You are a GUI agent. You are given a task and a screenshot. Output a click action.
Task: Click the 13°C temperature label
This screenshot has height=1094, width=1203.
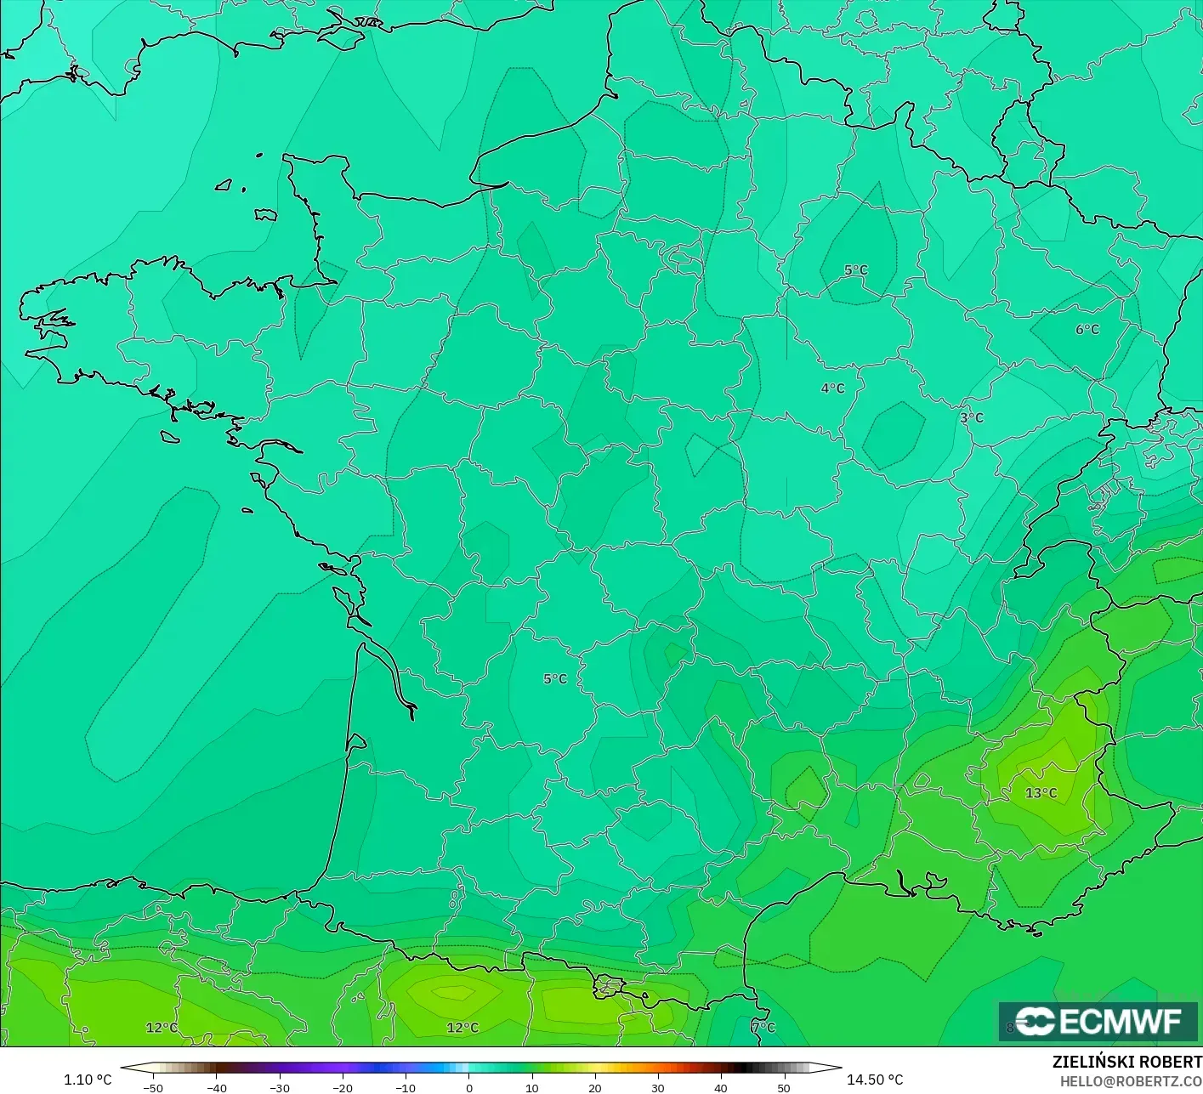click(1041, 793)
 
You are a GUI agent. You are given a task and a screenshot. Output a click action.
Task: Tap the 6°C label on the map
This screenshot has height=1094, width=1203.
click(1087, 330)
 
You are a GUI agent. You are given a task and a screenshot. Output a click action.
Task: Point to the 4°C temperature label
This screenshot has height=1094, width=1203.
click(832, 388)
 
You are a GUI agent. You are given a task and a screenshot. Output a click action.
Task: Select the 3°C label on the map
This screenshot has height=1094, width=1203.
click(971, 418)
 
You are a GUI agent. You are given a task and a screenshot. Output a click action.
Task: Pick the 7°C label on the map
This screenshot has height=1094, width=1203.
click(763, 1028)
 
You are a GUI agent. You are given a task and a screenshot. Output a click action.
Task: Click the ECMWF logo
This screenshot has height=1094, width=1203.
click(1098, 1021)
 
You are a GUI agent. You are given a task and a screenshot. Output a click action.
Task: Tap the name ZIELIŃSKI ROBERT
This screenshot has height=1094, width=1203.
click(1126, 1062)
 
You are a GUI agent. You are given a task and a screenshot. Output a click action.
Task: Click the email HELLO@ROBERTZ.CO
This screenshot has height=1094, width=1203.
click(1131, 1081)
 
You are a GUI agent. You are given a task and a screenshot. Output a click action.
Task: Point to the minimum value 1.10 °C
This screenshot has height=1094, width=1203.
click(88, 1080)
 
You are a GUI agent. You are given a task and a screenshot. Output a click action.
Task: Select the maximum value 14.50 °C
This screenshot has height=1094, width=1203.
click(875, 1080)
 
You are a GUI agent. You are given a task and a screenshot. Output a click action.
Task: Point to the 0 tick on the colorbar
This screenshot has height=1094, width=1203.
click(468, 1087)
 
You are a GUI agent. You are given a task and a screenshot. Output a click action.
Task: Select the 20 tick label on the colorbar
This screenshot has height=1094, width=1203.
click(594, 1087)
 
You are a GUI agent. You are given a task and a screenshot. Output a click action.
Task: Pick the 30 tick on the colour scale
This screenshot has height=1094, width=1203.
click(657, 1087)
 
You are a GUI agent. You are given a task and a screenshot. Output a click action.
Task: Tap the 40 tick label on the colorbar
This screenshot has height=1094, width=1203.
click(720, 1087)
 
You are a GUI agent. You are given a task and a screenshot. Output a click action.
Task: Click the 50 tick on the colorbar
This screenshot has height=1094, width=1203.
click(783, 1087)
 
